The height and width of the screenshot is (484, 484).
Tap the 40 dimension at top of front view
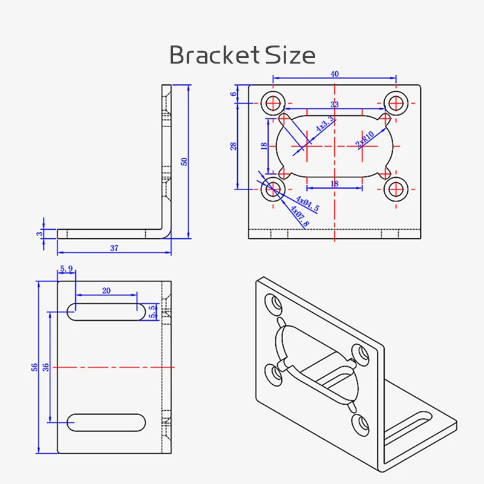[x=335, y=74]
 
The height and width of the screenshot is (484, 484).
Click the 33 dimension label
[x=335, y=105]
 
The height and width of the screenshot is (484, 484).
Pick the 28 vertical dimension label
[x=234, y=145]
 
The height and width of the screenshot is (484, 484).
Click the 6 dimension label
[x=234, y=94]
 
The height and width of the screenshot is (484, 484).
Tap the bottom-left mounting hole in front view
[x=272, y=189]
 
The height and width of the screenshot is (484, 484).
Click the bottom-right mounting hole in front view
[x=397, y=189]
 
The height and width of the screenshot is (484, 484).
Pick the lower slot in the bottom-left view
[x=106, y=422]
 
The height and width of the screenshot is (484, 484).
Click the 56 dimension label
[x=34, y=367]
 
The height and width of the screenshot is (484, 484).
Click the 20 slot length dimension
[x=106, y=290]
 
